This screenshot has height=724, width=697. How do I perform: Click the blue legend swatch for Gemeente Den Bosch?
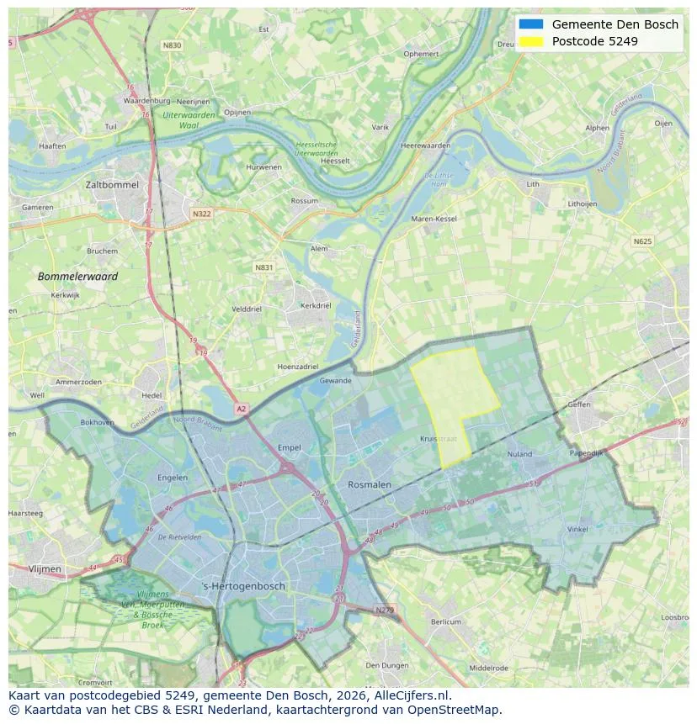tap(531, 24)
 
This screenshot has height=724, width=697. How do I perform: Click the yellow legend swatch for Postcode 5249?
tap(531, 41)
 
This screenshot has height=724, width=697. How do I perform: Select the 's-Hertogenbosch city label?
tap(244, 586)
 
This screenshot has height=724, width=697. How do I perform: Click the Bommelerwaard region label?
tap(77, 276)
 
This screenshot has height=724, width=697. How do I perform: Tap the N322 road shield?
tap(201, 214)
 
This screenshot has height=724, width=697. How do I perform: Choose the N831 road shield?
tap(263, 267)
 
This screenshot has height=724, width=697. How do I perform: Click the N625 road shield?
tap(641, 241)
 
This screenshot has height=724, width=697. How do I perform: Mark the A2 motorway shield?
tap(242, 409)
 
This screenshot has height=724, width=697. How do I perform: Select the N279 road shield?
tap(384, 610)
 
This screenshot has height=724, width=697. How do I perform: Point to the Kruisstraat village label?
tap(437, 439)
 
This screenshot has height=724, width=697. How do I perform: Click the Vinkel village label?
tap(577, 529)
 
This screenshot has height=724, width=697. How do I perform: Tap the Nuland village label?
tap(519, 454)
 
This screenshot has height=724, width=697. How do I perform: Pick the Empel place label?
tap(289, 447)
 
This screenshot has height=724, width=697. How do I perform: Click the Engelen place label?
tap(173, 478)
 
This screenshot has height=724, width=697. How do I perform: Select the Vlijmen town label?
tap(45, 569)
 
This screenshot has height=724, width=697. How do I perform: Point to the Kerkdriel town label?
tap(315, 306)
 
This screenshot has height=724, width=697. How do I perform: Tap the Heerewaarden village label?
tap(425, 145)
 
